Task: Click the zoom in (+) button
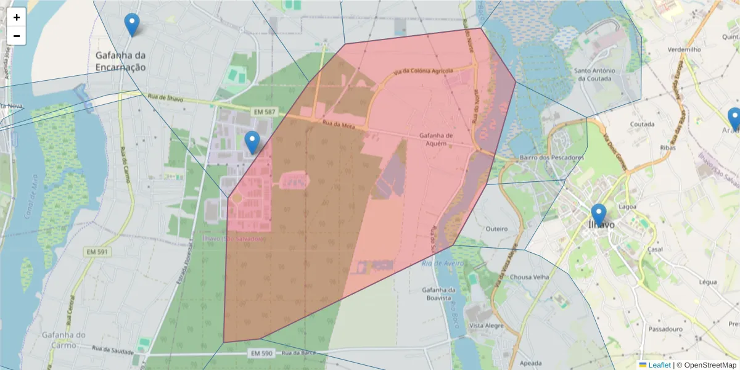17,17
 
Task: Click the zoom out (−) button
17,36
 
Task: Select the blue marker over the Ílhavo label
598,215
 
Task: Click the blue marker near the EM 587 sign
252,142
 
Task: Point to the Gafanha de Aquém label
436,139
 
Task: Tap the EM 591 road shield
97,252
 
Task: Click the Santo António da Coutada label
593,75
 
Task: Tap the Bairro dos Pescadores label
551,158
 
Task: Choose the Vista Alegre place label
484,325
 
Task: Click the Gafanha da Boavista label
439,294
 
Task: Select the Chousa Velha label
529,277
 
